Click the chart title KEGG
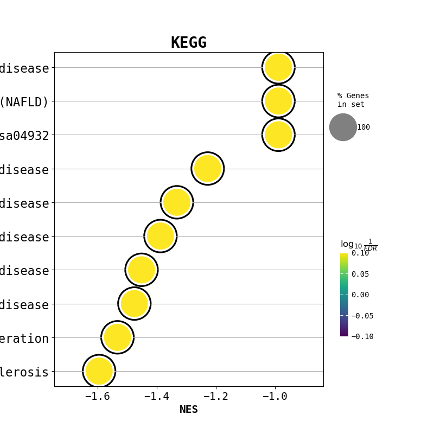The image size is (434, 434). tap(188, 43)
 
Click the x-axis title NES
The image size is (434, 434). tap(188, 410)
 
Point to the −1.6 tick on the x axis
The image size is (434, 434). tap(98, 397)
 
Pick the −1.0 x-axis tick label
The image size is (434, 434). tap(275, 397)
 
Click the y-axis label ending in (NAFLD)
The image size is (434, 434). tap(24, 101)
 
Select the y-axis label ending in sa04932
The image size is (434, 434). tap(24, 136)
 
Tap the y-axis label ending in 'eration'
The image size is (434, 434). tap(24, 339)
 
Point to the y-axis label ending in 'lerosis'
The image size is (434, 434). tap(24, 372)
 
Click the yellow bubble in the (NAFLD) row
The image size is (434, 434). tap(278, 101)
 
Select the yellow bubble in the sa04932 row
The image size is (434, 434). tap(278, 135)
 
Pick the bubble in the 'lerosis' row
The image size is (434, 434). tap(99, 371)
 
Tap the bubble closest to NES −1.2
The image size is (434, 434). tap(208, 169)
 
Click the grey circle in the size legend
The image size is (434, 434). tap(343, 127)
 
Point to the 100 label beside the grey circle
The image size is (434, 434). tap(363, 127)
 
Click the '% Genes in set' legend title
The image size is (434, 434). tap(353, 100)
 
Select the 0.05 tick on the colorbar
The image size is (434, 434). tap(360, 274)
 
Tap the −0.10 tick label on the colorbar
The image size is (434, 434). tap(362, 336)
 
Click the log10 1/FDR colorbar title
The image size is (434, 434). tap(358, 245)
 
